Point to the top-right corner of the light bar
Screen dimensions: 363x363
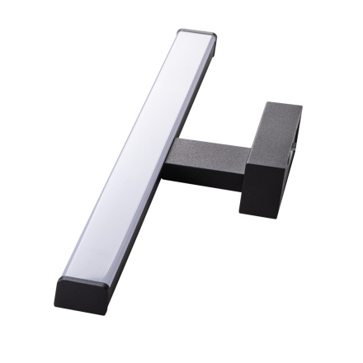point(216,36)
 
